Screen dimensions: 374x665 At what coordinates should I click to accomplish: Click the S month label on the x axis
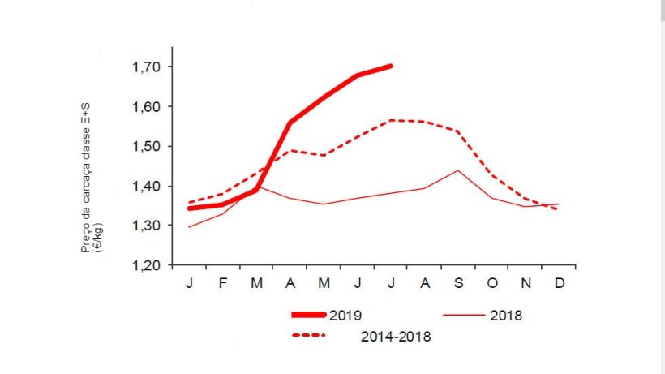click(458, 283)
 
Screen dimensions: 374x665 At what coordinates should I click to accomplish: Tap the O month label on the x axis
click(494, 283)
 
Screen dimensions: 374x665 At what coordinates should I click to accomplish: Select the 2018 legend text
click(506, 315)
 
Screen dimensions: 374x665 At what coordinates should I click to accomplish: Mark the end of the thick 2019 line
click(391, 66)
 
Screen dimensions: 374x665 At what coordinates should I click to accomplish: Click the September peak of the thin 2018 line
click(458, 170)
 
